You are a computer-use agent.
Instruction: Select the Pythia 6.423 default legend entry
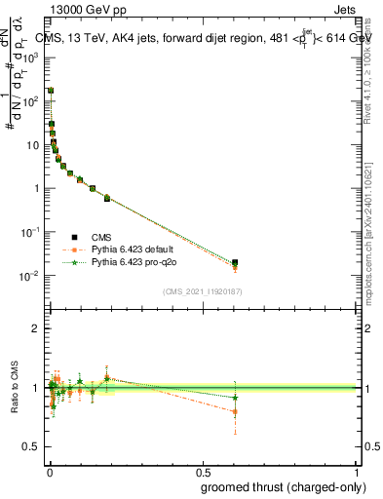[134, 249]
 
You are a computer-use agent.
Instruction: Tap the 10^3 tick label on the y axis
[31, 58]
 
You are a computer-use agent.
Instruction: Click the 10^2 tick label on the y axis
[31, 101]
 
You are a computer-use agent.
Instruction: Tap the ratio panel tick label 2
[34, 328]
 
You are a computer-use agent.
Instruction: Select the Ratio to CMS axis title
[15, 387]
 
